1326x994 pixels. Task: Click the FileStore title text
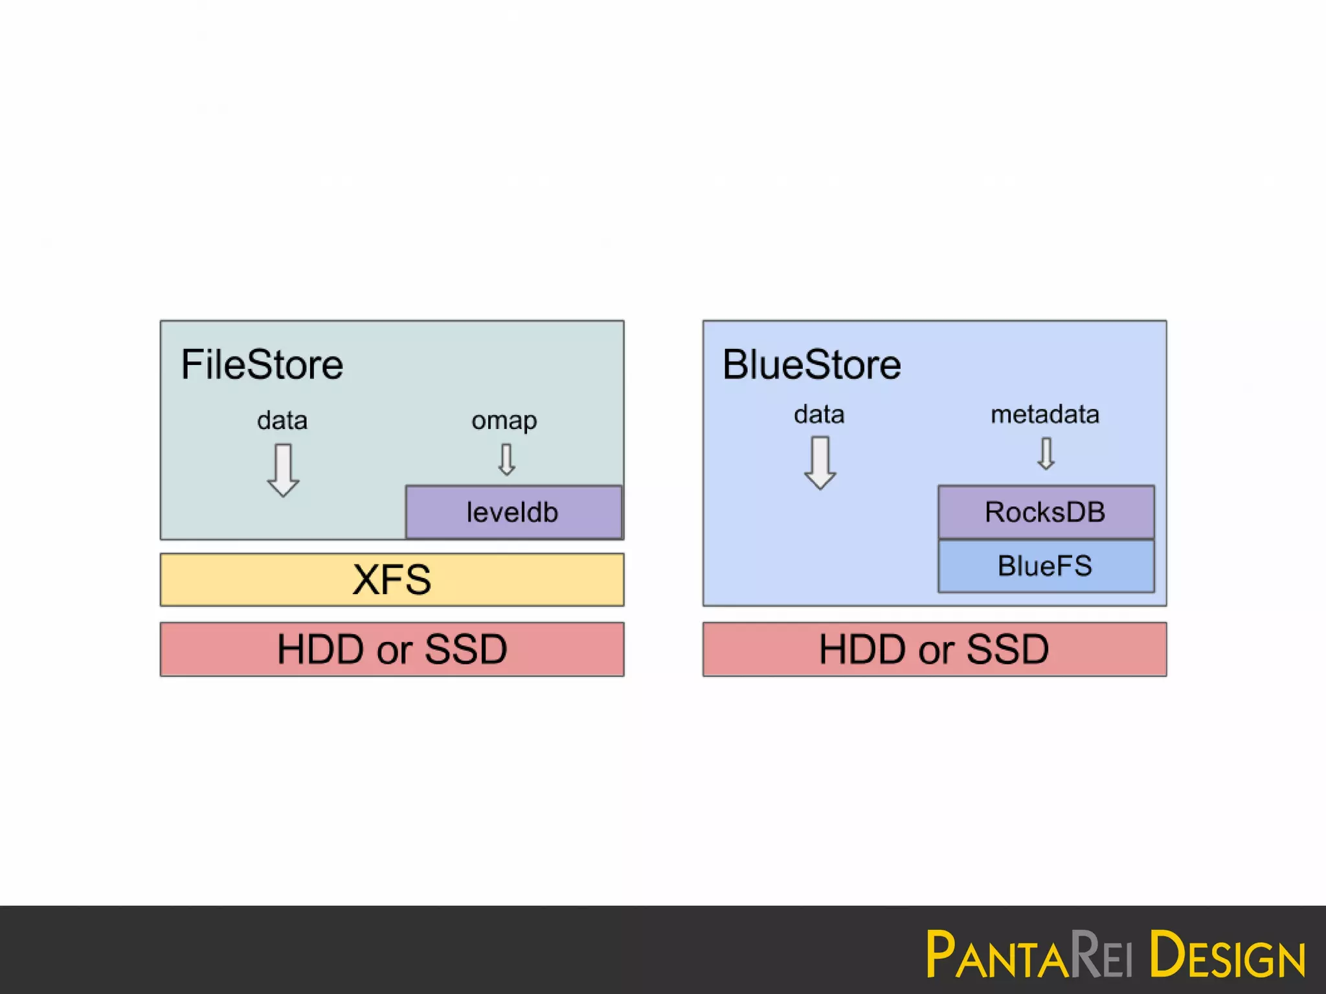tap(262, 364)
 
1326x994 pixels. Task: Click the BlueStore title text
tap(811, 364)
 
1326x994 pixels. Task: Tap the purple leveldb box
tap(513, 512)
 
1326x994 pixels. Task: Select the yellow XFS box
tap(392, 579)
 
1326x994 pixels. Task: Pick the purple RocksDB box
tap(1046, 512)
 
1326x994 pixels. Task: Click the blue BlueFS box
tap(1046, 566)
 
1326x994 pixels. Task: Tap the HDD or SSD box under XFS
tap(392, 649)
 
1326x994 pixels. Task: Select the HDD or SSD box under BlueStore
tap(934, 649)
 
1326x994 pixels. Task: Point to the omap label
tap(504, 421)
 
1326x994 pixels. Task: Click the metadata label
tap(1045, 414)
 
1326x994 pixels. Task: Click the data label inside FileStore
tap(282, 421)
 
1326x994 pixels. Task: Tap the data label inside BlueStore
tap(819, 414)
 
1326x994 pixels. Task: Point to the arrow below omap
tap(507, 459)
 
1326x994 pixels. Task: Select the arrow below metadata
tap(1046, 453)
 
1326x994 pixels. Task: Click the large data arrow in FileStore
tap(283, 470)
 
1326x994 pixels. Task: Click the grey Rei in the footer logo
tap(1101, 955)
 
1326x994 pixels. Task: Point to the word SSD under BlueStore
tap(1007, 649)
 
